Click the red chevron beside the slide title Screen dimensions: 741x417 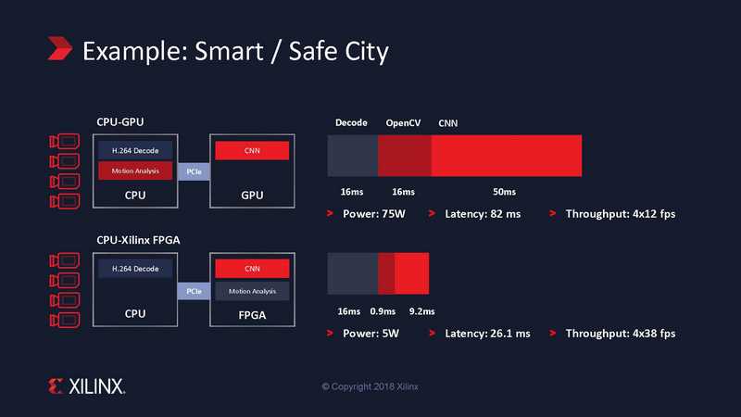click(60, 48)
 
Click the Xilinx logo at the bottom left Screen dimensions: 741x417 click(86, 386)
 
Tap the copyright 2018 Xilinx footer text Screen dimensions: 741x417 click(370, 386)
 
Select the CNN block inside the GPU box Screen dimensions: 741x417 click(252, 151)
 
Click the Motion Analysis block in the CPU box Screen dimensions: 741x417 click(135, 171)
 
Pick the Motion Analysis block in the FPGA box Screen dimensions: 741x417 click(252, 291)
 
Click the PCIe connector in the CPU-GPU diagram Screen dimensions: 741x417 click(194, 171)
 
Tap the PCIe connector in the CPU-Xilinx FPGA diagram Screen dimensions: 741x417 click(194, 291)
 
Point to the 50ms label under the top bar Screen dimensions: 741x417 click(504, 192)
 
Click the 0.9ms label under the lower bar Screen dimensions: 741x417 click(383, 311)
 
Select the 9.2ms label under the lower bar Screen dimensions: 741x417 click(422, 311)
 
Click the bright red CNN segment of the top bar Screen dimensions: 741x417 click(507, 156)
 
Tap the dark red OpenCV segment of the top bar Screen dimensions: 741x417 click(405, 156)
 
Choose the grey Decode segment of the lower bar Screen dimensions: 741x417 click(353, 273)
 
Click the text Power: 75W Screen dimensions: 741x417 click(374, 214)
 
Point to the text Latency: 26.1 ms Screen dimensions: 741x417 click(488, 334)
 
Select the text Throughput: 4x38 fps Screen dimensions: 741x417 click(621, 334)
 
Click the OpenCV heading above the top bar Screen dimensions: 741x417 click(403, 123)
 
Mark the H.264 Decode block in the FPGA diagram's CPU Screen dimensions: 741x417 click(135, 269)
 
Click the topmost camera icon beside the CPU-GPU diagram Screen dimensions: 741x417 click(65, 142)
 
